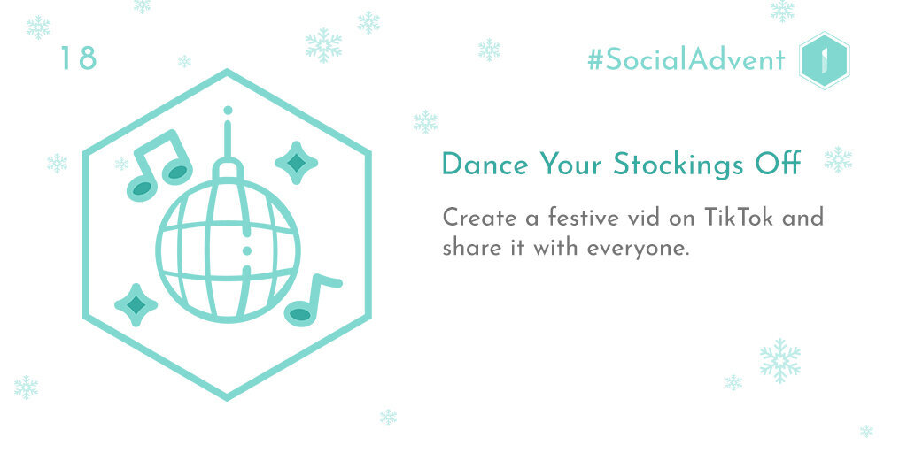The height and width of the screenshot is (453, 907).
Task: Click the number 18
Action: click(78, 58)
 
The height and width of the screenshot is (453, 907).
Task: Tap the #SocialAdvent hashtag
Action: click(686, 60)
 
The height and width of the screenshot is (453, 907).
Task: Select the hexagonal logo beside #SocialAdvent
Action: click(824, 61)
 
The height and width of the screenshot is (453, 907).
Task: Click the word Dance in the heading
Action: click(485, 164)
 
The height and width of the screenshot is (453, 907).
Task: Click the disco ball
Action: click(228, 250)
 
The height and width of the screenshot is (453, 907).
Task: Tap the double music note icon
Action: click(159, 165)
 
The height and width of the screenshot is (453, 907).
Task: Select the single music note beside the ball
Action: click(312, 299)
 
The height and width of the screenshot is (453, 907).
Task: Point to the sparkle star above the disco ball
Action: click(296, 163)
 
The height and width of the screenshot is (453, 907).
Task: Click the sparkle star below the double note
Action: click(136, 304)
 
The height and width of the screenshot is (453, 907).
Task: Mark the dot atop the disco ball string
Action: click(228, 110)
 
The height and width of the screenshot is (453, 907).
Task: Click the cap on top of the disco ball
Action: click(228, 169)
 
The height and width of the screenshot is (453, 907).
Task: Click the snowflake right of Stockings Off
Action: click(838, 159)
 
